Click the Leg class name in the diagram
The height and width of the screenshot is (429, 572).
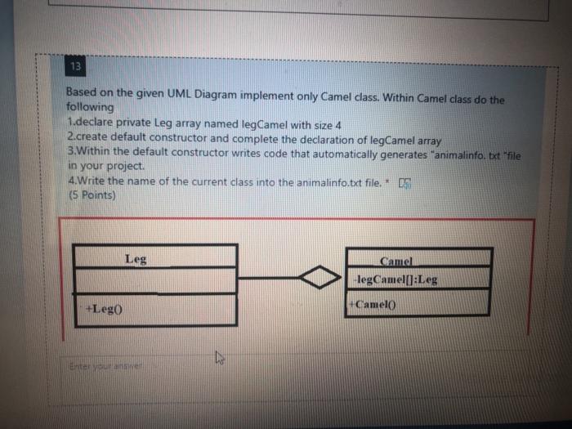coord(136,259)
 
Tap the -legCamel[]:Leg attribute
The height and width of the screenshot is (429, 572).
coord(396,279)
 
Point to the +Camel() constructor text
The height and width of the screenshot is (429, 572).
coord(371,304)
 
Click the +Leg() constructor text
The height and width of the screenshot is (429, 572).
coord(105,309)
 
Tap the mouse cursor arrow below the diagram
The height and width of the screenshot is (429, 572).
coord(219,356)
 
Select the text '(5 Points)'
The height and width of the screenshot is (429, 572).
coord(92,195)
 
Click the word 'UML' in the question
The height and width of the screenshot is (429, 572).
coord(170,93)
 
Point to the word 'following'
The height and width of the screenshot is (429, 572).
coord(90,107)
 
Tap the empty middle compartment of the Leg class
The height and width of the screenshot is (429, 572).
coord(155,280)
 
